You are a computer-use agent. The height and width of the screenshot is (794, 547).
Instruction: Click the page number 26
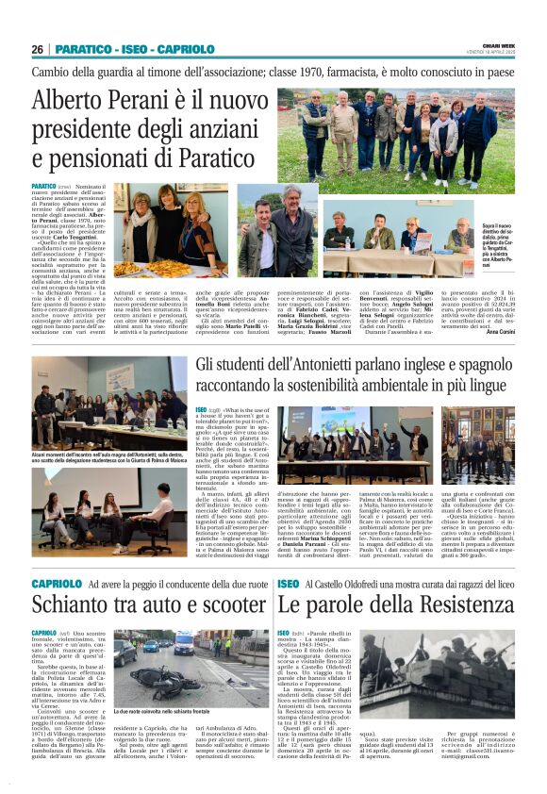(37, 49)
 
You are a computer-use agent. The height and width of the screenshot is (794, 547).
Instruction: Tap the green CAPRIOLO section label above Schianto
(57, 585)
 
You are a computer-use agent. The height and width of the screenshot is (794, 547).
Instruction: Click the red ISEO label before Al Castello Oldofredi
(289, 585)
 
